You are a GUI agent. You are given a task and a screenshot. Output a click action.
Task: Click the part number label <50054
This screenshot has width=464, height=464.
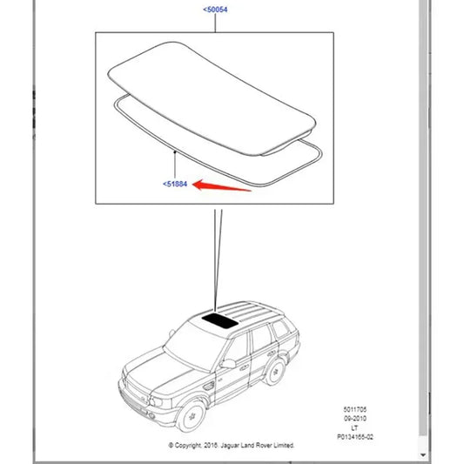point(215,10)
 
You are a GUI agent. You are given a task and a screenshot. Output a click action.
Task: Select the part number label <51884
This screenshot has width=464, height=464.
point(175,184)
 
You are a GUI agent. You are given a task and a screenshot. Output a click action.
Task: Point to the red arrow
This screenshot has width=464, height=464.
point(222,185)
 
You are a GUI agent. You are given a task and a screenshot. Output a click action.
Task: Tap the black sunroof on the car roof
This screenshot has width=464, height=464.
point(219,321)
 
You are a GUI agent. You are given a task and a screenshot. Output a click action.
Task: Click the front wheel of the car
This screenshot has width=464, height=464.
point(191,416)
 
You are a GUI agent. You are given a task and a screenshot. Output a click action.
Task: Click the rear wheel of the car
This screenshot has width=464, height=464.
point(275,372)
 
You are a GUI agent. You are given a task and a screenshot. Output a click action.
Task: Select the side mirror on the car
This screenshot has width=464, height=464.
point(228,364)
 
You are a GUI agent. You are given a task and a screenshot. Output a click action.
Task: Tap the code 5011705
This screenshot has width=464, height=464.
point(355,409)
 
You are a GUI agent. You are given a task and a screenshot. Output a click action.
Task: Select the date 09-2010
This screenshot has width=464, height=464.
point(355,419)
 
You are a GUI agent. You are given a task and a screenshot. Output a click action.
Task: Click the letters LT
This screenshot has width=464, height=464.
point(354,428)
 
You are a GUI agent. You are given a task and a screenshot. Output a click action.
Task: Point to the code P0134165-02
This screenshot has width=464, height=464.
point(355,437)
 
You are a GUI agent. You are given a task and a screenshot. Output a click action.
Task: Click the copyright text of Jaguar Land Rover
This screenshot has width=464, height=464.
point(232,446)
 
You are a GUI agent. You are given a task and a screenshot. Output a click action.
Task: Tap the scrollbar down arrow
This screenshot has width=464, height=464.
point(423,454)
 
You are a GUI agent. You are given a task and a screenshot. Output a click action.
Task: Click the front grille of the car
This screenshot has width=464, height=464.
point(132,392)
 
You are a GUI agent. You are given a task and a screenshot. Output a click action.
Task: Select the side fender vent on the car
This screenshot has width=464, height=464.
point(209,386)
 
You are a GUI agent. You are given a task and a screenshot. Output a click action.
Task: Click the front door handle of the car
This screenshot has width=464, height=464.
point(244,368)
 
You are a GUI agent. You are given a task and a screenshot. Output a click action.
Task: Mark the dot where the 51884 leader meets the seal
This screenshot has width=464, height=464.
point(175,152)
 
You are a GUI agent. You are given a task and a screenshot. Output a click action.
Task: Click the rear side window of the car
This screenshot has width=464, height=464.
point(280,328)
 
